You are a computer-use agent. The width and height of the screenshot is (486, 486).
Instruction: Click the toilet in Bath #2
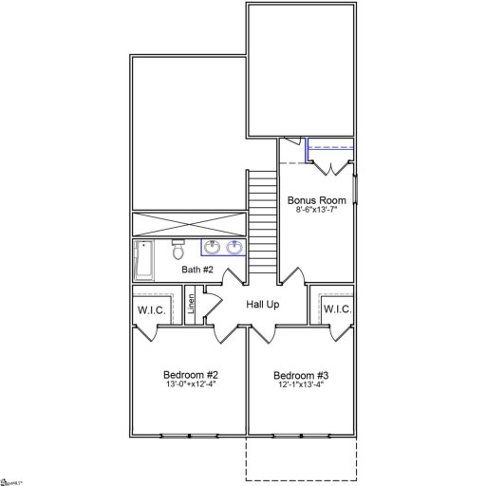(178, 251)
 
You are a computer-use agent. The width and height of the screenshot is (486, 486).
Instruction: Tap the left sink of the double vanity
(210, 249)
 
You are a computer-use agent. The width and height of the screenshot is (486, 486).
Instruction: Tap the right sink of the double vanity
(234, 249)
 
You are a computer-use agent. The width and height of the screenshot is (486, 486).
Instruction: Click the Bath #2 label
(197, 271)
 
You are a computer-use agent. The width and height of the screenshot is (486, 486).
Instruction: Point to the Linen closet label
(191, 305)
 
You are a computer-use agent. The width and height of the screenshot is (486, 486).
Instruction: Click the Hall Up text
(263, 305)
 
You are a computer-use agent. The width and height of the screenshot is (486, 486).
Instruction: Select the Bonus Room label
(316, 200)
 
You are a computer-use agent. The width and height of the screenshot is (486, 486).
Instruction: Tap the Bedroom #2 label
(191, 374)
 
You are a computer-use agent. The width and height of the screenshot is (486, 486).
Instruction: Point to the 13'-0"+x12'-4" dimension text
(191, 383)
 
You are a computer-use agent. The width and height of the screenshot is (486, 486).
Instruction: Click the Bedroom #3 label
(302, 374)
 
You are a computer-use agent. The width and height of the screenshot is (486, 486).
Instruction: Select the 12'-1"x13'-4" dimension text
(302, 383)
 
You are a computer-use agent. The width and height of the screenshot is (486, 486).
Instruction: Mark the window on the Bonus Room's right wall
(356, 190)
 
